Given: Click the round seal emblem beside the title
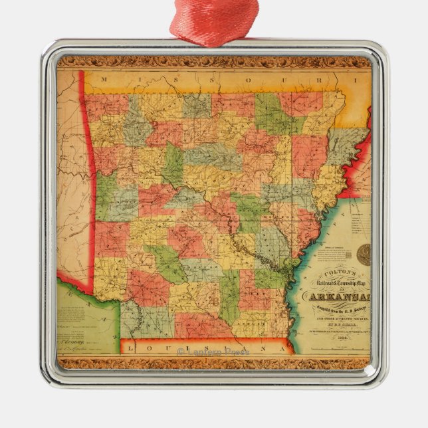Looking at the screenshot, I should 364,253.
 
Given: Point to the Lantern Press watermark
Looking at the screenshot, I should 214,350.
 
